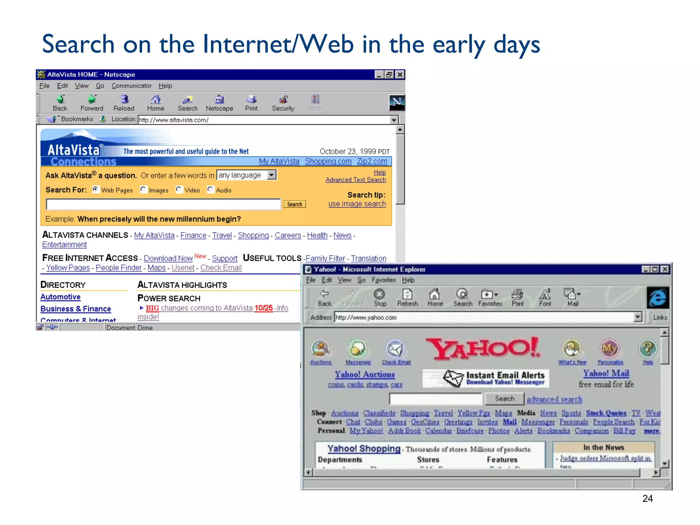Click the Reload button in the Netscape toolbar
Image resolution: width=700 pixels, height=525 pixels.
tap(124, 103)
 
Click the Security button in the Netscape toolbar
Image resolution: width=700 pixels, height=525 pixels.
tap(283, 103)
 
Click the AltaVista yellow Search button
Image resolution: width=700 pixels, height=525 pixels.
tap(294, 204)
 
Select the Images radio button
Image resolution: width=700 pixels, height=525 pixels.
tap(143, 189)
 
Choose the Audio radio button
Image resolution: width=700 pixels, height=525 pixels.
tap(210, 189)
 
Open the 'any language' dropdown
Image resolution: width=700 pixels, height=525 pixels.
tap(272, 175)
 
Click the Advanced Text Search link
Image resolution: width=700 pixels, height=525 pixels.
tap(355, 180)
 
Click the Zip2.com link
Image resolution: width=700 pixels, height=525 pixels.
tap(372, 161)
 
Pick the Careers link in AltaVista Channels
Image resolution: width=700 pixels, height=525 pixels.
tap(288, 235)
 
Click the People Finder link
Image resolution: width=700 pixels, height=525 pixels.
tap(119, 268)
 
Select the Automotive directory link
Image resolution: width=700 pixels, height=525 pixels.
tap(60, 297)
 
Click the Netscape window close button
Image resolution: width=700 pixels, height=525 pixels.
tap(400, 75)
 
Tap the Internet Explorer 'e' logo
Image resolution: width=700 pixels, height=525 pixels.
tap(658, 298)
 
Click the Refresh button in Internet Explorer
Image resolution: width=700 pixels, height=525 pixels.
tap(407, 297)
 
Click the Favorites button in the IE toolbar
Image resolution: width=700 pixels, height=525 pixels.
tap(489, 297)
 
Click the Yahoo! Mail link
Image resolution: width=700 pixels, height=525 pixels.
tap(606, 373)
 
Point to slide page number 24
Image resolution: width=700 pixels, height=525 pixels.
tap(647, 499)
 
